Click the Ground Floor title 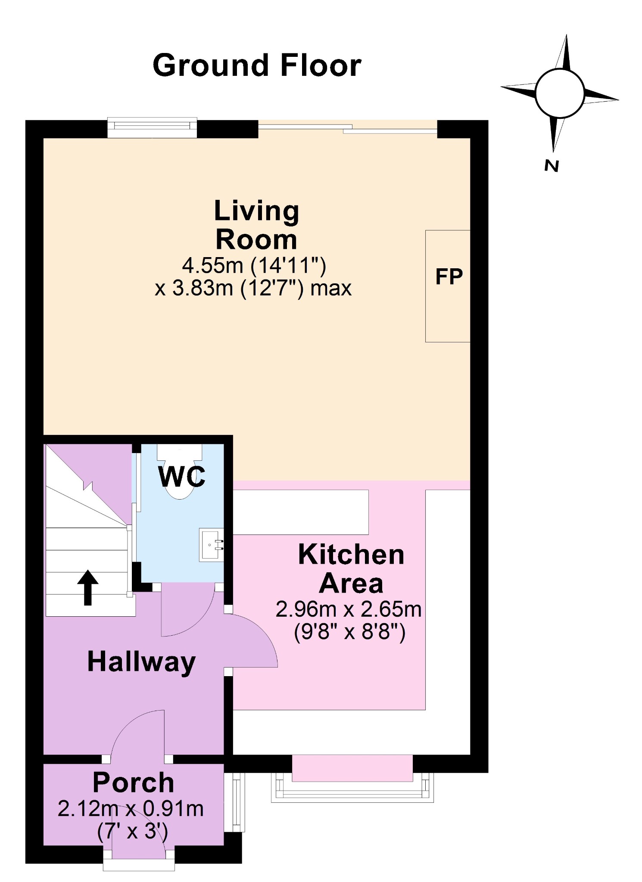(x=257, y=65)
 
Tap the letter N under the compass (x=552, y=166)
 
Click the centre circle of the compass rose (x=560, y=93)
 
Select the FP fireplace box (x=448, y=286)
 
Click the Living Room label (x=257, y=225)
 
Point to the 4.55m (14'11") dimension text (x=254, y=265)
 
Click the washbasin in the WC (x=211, y=545)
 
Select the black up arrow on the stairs (x=88, y=587)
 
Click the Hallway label (x=141, y=662)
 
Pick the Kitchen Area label (x=351, y=569)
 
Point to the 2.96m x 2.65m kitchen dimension (x=349, y=609)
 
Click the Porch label (x=134, y=783)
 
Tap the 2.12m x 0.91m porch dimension (x=131, y=809)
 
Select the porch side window (x=234, y=802)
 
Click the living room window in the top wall (x=152, y=127)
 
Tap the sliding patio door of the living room (x=348, y=128)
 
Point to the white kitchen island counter (x=301, y=512)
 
